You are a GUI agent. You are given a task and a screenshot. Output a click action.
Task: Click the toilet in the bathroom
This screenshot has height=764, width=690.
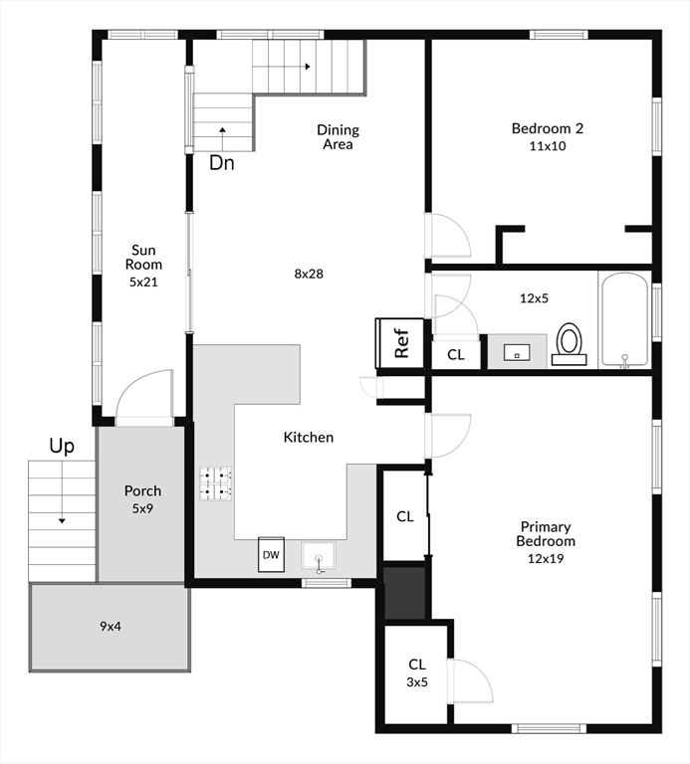pyautogui.click(x=569, y=344)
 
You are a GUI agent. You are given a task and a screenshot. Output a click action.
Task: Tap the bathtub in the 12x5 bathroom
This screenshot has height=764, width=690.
pyautogui.click(x=625, y=319)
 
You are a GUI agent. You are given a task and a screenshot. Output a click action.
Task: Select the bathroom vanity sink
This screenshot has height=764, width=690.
pyautogui.click(x=517, y=352)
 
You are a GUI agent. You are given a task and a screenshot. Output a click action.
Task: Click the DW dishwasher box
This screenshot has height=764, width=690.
pyautogui.click(x=271, y=554)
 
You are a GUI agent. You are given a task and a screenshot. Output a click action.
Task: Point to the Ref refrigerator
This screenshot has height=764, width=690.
pyautogui.click(x=400, y=343)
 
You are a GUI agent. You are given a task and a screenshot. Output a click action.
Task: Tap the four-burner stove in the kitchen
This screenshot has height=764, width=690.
pyautogui.click(x=215, y=483)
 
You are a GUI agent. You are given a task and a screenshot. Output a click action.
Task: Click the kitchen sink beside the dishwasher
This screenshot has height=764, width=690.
pyautogui.click(x=319, y=556)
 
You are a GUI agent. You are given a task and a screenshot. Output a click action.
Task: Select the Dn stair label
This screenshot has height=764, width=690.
pyautogui.click(x=222, y=163)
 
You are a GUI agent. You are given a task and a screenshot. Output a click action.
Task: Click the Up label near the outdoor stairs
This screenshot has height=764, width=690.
pyautogui.click(x=62, y=447)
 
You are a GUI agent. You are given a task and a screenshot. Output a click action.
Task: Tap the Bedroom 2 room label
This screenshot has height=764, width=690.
pyautogui.click(x=548, y=128)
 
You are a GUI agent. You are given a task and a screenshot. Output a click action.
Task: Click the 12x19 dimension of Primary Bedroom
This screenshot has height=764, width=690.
pyautogui.click(x=546, y=558)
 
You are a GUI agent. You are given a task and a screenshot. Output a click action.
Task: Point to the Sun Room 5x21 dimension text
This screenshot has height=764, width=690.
pyautogui.click(x=143, y=283)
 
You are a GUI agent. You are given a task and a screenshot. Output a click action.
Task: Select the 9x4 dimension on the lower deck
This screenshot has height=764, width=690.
pyautogui.click(x=111, y=626)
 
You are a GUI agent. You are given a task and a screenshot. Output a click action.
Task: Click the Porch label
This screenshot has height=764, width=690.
pyautogui.click(x=142, y=490)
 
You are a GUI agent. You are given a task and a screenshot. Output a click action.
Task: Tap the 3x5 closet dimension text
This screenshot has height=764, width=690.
pyautogui.click(x=417, y=682)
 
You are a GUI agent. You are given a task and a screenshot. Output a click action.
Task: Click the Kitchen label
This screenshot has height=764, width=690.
pyautogui.click(x=309, y=437)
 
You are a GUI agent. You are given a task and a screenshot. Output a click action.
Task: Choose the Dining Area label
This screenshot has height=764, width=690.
pyautogui.click(x=338, y=137)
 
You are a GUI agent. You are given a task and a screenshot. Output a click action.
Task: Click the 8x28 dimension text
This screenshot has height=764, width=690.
pyautogui.click(x=309, y=274)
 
